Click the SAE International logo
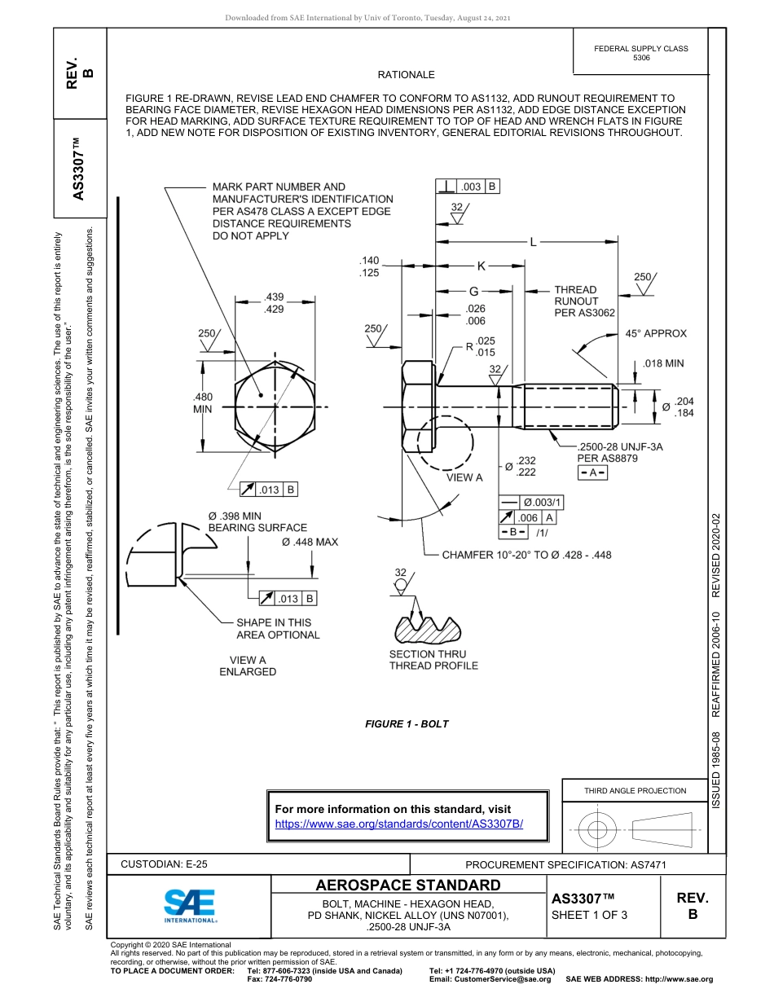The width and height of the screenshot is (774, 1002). click(x=190, y=904)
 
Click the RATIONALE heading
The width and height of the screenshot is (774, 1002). click(x=407, y=75)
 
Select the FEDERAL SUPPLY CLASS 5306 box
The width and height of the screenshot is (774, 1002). click(x=640, y=53)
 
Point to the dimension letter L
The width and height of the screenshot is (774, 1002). click(x=533, y=242)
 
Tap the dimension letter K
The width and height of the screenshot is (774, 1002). click(x=481, y=266)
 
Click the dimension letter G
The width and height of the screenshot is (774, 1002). click(x=473, y=291)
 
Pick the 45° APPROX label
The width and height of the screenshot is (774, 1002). click(x=656, y=333)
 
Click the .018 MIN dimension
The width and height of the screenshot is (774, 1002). click(x=662, y=363)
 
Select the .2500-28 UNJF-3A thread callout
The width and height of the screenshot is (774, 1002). click(x=619, y=447)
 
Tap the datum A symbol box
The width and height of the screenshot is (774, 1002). click(x=592, y=473)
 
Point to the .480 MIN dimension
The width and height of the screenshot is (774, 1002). click(x=202, y=402)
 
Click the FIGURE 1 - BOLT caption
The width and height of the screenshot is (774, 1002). click(x=407, y=723)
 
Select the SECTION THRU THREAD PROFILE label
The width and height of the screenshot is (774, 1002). click(x=433, y=660)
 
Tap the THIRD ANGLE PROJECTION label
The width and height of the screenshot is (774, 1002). click(x=635, y=790)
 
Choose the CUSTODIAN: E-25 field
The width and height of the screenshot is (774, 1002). click(x=169, y=864)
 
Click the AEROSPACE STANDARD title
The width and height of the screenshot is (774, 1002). click(x=408, y=886)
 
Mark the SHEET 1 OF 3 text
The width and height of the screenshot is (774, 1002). click(x=590, y=914)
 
